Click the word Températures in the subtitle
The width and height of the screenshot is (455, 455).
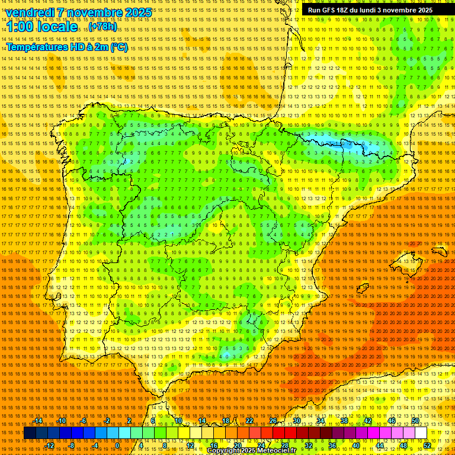point(37,47)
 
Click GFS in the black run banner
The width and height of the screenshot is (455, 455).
point(331,10)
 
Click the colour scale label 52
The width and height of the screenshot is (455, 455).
point(427,446)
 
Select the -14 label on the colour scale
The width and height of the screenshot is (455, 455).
point(38,421)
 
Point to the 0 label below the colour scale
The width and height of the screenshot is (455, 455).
point(117,446)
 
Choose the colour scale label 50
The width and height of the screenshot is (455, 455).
point(415,421)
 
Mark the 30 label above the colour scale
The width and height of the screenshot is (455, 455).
point(296,421)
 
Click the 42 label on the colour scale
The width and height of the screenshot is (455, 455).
point(368,421)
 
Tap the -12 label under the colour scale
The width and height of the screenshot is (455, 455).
point(50,446)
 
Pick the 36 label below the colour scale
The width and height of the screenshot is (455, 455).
point(332,446)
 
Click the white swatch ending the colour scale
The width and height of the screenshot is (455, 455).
point(421,433)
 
